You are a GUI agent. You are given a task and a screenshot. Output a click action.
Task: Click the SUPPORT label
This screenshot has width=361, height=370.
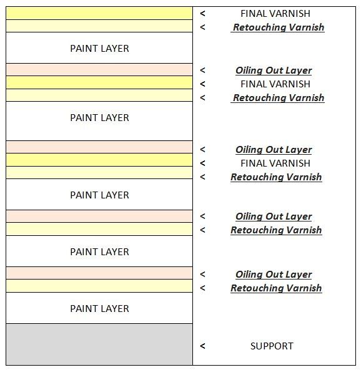tap(272, 346)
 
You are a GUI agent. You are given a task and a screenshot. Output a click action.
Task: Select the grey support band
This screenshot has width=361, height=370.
tap(99, 344)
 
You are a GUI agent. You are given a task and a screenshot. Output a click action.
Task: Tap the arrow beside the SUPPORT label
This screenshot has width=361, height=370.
tap(202, 346)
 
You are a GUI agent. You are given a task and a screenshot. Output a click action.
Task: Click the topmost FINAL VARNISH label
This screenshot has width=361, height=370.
tap(275, 14)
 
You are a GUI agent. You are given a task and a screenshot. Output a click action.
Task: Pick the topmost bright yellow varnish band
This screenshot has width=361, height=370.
tap(99, 13)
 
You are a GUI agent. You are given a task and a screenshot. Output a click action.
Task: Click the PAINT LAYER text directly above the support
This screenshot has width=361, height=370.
tap(99, 309)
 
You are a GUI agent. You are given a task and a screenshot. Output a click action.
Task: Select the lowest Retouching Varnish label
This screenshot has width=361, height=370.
tap(276, 288)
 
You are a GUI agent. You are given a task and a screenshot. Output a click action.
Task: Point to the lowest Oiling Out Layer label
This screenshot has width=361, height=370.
tap(274, 275)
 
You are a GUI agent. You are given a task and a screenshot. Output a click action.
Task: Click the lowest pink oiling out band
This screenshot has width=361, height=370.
tap(99, 273)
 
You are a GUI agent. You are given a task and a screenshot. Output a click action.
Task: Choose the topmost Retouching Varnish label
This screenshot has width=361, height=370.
tap(279, 27)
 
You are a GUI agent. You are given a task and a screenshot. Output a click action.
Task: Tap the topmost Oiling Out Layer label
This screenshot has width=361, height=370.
tap(274, 71)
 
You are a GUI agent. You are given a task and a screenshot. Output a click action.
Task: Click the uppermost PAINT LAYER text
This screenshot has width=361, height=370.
tap(99, 49)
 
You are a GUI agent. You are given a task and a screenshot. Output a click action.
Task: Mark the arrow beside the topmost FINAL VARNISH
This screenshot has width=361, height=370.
tap(202, 14)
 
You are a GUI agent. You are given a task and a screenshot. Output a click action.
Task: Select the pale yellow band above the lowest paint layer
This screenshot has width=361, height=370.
tap(99, 286)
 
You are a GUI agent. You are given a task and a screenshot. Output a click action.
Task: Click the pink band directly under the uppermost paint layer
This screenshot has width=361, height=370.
tap(99, 70)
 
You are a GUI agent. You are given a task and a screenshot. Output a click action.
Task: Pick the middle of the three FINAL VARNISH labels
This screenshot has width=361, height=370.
tap(275, 84)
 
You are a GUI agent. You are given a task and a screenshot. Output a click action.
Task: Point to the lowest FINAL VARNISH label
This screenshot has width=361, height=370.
tap(275, 163)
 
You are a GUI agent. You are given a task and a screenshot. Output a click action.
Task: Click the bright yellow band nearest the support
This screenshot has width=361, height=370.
tap(99, 160)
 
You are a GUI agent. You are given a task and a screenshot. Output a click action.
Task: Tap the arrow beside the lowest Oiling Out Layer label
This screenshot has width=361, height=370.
tap(202, 274)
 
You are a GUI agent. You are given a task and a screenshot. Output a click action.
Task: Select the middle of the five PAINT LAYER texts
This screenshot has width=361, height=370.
tap(99, 195)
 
